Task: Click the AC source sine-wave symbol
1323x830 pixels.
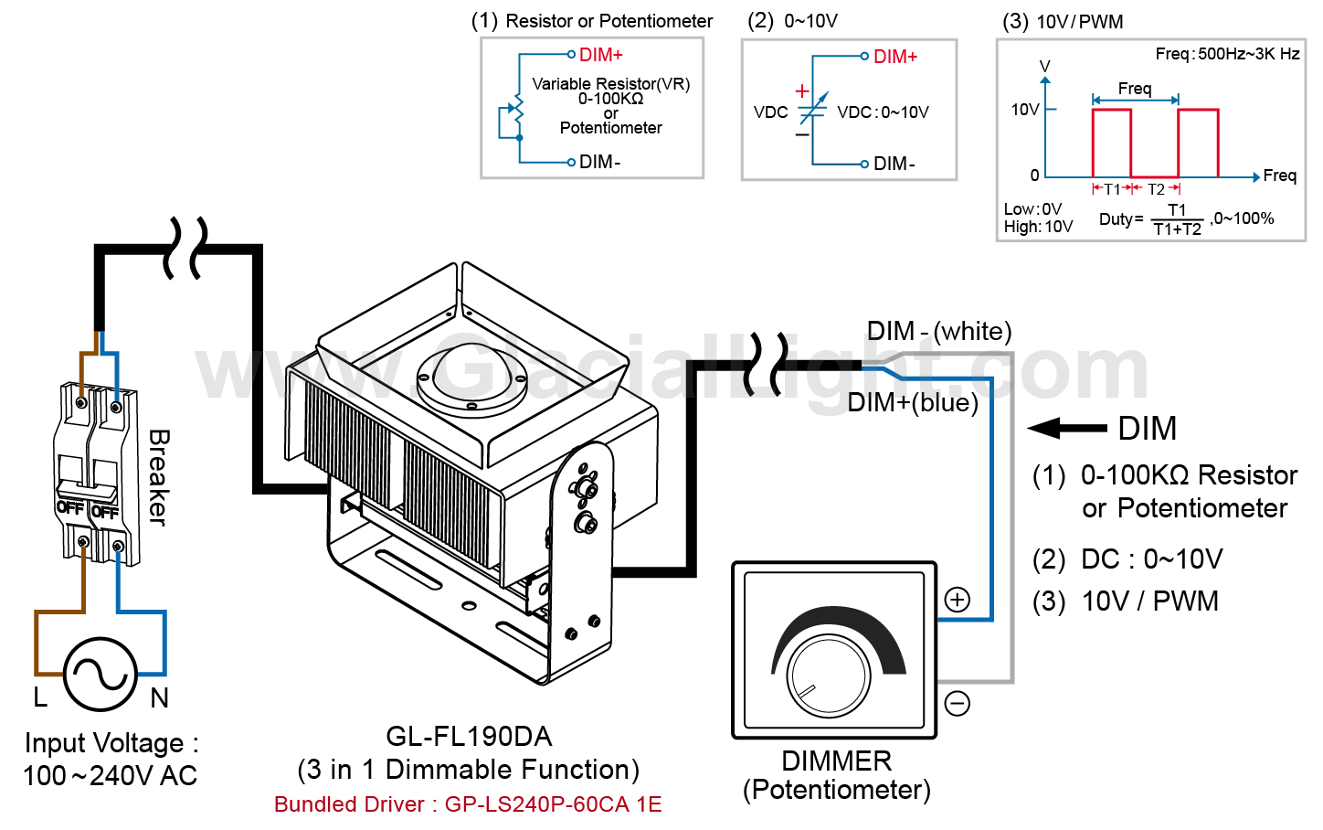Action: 101,675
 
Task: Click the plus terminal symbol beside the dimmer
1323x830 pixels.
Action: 957,600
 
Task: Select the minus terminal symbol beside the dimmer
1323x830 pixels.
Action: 957,703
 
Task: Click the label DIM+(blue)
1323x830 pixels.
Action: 912,402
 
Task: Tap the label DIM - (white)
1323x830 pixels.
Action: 938,331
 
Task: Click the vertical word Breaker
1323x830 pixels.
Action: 158,477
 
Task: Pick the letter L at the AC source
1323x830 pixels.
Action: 40,697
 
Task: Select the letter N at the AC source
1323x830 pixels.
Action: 160,698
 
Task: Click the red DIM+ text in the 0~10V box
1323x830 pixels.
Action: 894,57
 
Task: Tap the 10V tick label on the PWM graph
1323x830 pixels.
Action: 1024,110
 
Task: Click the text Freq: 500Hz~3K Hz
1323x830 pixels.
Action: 1226,54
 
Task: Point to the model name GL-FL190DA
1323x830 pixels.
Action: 469,736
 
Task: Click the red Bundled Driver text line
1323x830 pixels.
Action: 468,804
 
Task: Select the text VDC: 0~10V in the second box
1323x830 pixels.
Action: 883,112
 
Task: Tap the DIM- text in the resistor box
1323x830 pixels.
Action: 599,162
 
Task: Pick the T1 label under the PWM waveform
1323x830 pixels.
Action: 1112,189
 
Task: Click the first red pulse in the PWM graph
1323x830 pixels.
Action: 1112,142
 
